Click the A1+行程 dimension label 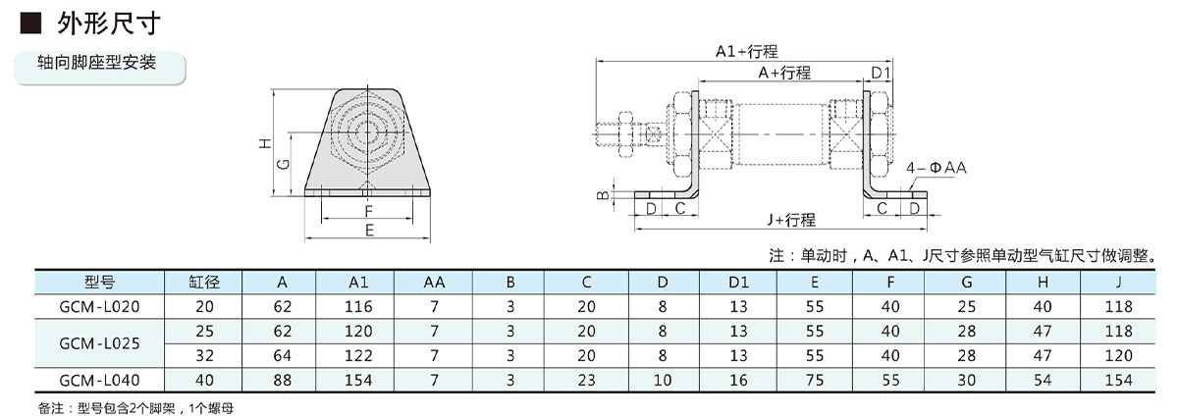click(746, 52)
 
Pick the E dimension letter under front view click(369, 231)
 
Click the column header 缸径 click(203, 282)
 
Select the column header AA click(434, 282)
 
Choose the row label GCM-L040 click(99, 380)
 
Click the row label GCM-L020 click(99, 306)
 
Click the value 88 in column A click(281, 380)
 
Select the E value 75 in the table click(815, 380)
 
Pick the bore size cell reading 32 click(203, 355)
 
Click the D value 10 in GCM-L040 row click(663, 380)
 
